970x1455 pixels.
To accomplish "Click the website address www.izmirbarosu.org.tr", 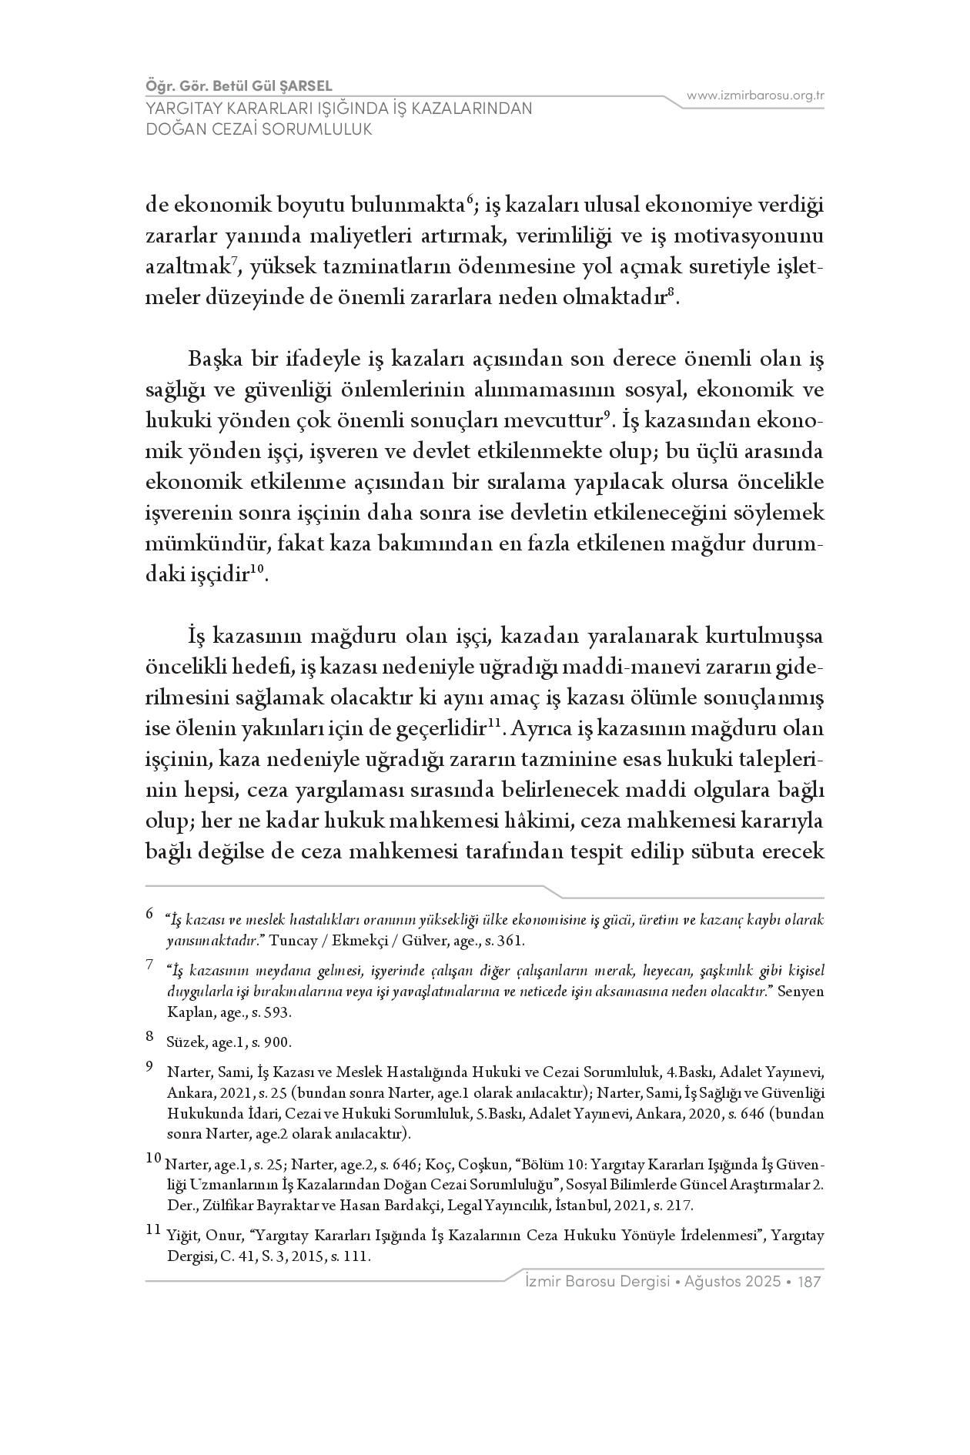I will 755,95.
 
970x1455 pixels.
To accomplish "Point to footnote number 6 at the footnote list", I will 149,915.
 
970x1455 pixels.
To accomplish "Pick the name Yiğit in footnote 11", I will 181,1236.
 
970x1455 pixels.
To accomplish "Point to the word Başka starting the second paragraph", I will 211,360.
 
